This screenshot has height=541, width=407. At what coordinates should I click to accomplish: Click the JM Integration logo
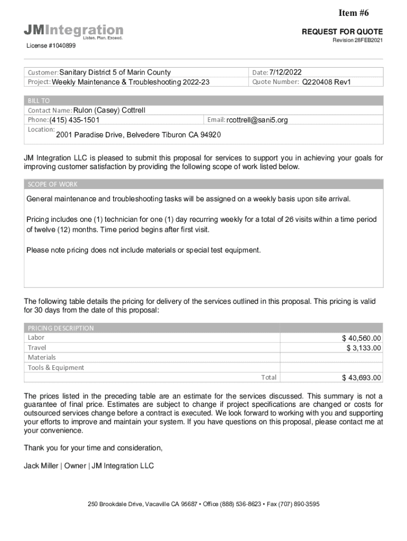pyautogui.click(x=73, y=31)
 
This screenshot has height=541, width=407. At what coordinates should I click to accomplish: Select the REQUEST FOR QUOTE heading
pyautogui.click(x=342, y=32)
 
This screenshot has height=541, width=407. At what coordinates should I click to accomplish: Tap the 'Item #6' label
pyautogui.click(x=360, y=13)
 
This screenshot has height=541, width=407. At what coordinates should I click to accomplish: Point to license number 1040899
pyautogui.click(x=51, y=46)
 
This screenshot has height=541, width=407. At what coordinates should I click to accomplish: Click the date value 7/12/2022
pyautogui.click(x=285, y=72)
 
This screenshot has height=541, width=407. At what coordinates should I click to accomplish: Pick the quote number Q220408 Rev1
pyautogui.click(x=326, y=82)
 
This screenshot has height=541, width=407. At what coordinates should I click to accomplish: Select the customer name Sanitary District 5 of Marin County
pyautogui.click(x=115, y=72)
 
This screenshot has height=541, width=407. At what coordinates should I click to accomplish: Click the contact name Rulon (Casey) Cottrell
pyautogui.click(x=109, y=110)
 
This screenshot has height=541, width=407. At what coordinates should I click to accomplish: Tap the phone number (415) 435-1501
pyautogui.click(x=75, y=120)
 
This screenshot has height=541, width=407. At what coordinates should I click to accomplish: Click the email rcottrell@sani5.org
pyautogui.click(x=257, y=120)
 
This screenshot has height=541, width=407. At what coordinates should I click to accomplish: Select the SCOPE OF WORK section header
pyautogui.click(x=52, y=184)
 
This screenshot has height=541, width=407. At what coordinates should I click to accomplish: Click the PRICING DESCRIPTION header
pyautogui.click(x=61, y=328)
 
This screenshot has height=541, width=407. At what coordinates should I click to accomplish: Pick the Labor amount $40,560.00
pyautogui.click(x=362, y=338)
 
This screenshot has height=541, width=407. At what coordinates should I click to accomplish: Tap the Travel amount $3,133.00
pyautogui.click(x=364, y=348)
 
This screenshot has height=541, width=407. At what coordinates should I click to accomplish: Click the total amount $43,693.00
pyautogui.click(x=362, y=378)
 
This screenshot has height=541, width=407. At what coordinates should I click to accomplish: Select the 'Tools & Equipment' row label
pyautogui.click(x=55, y=368)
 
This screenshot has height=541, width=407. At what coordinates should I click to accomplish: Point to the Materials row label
pyautogui.click(x=42, y=358)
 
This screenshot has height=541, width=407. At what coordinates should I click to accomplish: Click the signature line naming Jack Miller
pyautogui.click(x=89, y=466)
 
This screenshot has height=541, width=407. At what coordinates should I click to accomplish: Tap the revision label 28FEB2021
pyautogui.click(x=357, y=41)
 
